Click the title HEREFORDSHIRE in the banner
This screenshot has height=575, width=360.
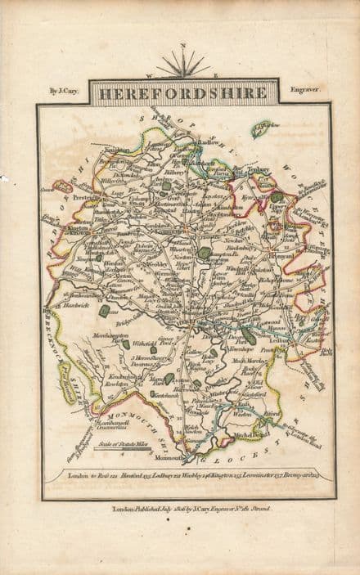pyautogui.click(x=183, y=93)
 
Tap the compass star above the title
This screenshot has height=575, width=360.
pyautogui.click(x=183, y=64)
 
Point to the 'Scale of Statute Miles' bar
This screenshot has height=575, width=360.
pyautogui.click(x=115, y=442)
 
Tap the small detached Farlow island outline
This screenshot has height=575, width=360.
pyautogui.click(x=264, y=129)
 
